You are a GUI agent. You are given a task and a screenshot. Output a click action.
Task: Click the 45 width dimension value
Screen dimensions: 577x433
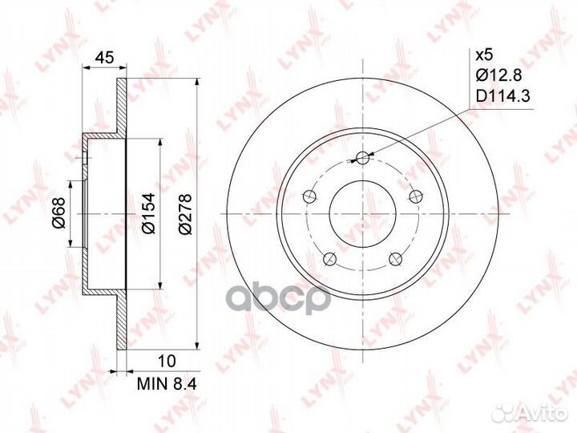pyautogui.click(x=104, y=58)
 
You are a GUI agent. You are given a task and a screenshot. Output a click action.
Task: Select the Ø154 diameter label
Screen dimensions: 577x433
pyautogui.click(x=149, y=212)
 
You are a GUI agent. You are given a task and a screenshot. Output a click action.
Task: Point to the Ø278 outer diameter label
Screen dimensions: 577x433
pyautogui.click(x=185, y=213)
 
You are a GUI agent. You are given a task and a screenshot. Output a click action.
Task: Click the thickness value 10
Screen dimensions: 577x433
pyautogui.click(x=167, y=361)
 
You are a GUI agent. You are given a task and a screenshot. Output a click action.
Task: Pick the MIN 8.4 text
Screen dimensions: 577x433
pyautogui.click(x=167, y=384)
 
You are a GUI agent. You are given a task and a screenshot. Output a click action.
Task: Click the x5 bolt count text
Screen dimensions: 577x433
pyautogui.click(x=484, y=55)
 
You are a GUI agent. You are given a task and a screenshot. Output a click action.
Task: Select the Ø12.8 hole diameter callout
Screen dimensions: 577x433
pyautogui.click(x=498, y=76)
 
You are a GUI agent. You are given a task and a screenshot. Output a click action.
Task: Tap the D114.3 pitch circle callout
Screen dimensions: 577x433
pyautogui.click(x=502, y=96)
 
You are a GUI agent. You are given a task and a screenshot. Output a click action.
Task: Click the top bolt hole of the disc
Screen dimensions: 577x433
pyautogui.click(x=362, y=158)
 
